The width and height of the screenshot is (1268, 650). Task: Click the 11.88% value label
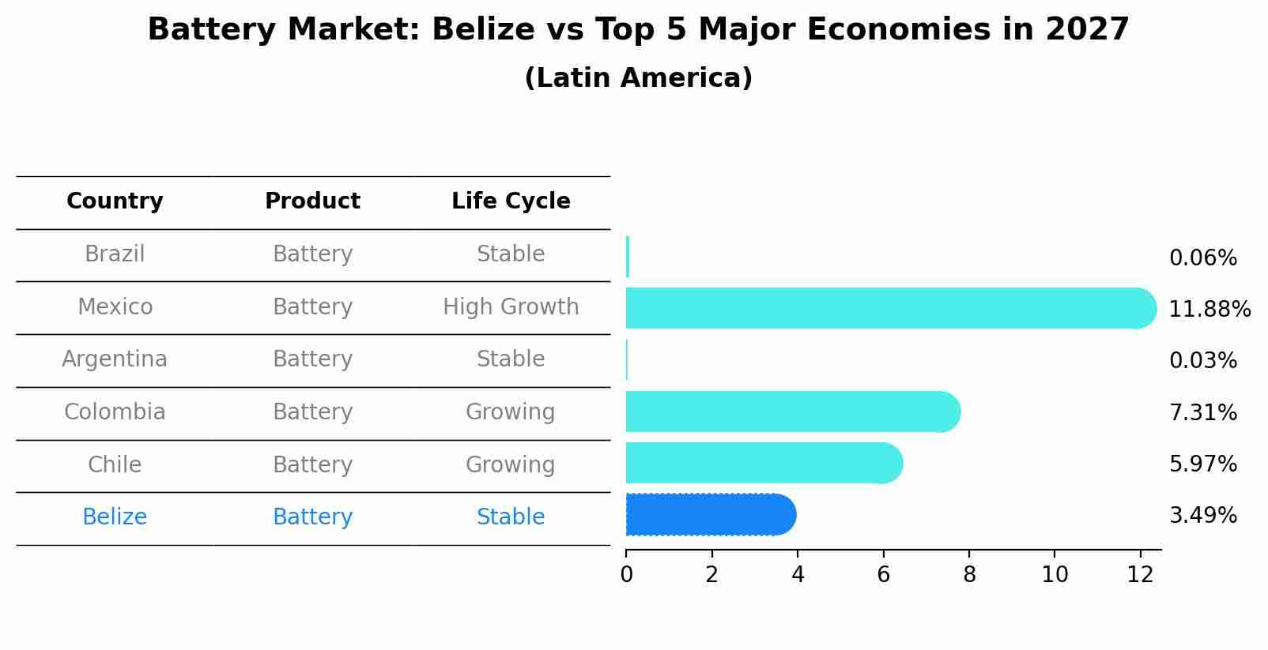pyautogui.click(x=1209, y=309)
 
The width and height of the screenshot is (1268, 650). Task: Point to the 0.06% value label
pyautogui.click(x=1202, y=258)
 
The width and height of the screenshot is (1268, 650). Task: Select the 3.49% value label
pyautogui.click(x=1202, y=516)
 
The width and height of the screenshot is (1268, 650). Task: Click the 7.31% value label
pyautogui.click(x=1202, y=412)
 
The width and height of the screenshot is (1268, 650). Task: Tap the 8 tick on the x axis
pyautogui.click(x=969, y=575)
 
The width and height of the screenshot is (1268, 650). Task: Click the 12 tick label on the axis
pyautogui.click(x=1140, y=575)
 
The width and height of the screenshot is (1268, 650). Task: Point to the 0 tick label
pyautogui.click(x=626, y=575)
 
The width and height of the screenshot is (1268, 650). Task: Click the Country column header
pyautogui.click(x=115, y=201)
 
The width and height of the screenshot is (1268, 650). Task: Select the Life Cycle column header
pyautogui.click(x=511, y=201)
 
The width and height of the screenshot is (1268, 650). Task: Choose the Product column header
pyautogui.click(x=312, y=201)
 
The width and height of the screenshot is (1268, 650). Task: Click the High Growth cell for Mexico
pyautogui.click(x=511, y=306)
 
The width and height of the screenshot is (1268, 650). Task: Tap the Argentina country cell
pyautogui.click(x=115, y=359)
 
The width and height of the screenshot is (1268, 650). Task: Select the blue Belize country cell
pyautogui.click(x=115, y=517)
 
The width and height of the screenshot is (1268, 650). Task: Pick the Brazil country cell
pyautogui.click(x=115, y=254)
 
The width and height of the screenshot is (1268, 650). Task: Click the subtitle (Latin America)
pyautogui.click(x=638, y=78)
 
